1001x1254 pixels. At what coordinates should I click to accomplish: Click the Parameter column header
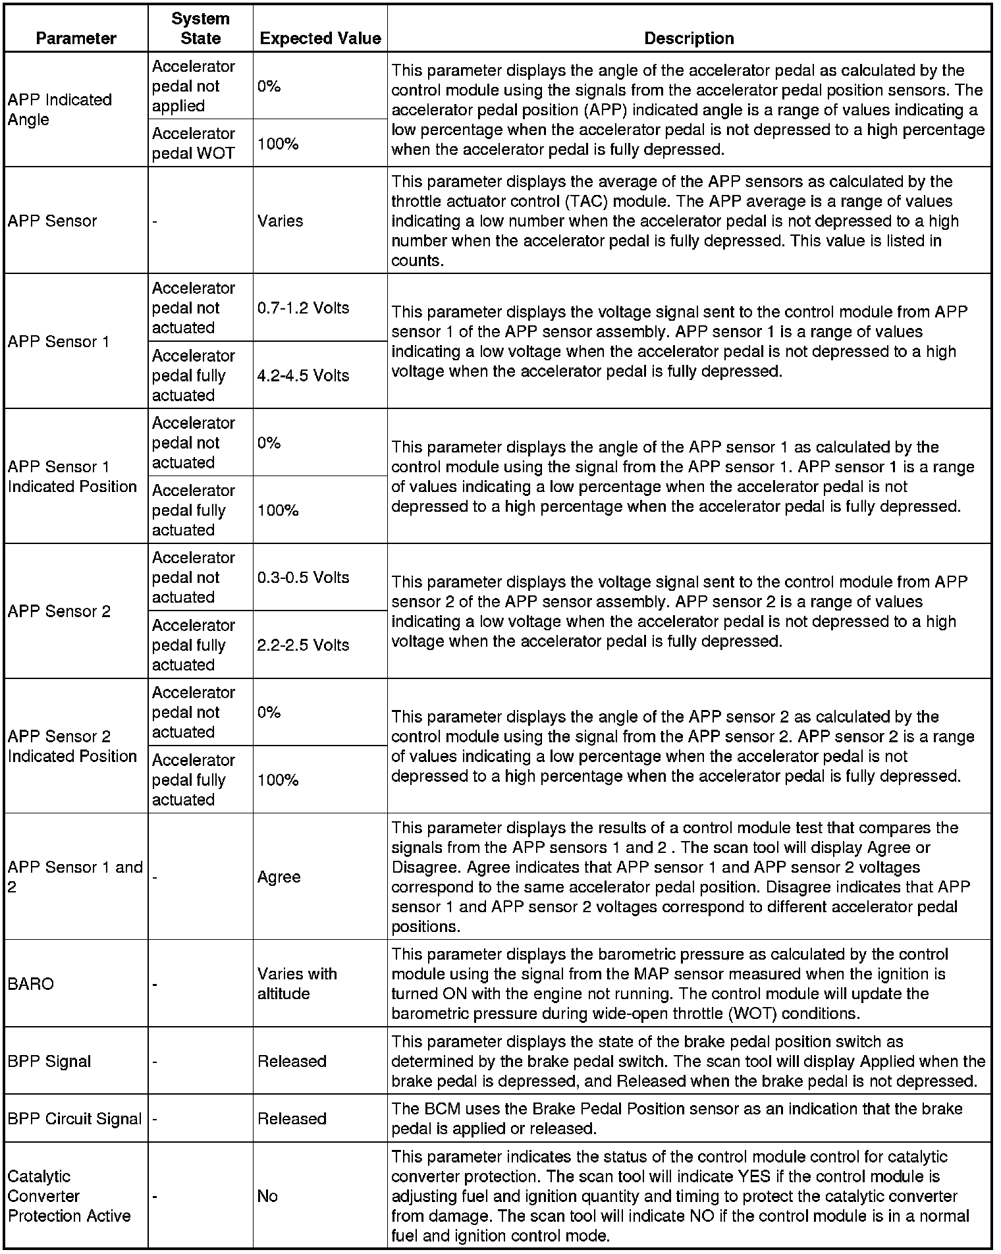pyautogui.click(x=76, y=38)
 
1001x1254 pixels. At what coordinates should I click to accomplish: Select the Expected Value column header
pyautogui.click(x=320, y=38)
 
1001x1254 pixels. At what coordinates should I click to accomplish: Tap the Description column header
pyautogui.click(x=689, y=38)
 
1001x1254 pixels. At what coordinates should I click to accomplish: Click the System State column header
pyautogui.click(x=200, y=28)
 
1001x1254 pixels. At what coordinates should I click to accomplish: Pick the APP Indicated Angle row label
pyautogui.click(x=60, y=109)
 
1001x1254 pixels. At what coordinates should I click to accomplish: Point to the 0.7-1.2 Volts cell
pyautogui.click(x=303, y=308)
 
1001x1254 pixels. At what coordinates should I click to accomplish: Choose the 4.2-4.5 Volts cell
pyautogui.click(x=303, y=375)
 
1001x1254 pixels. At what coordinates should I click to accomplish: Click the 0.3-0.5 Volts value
pyautogui.click(x=303, y=577)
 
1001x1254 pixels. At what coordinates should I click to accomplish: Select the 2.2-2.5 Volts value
pyautogui.click(x=303, y=645)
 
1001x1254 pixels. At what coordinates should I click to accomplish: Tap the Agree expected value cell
pyautogui.click(x=279, y=877)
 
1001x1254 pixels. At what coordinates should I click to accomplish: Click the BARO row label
pyautogui.click(x=30, y=983)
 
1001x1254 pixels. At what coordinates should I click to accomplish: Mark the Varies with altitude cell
pyautogui.click(x=297, y=983)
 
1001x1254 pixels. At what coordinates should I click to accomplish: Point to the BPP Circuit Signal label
pyautogui.click(x=74, y=1118)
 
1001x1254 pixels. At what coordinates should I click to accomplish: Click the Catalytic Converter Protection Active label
pyautogui.click(x=69, y=1196)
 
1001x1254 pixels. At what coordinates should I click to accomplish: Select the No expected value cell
pyautogui.click(x=267, y=1196)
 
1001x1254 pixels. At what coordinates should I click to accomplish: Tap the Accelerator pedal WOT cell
pyautogui.click(x=193, y=144)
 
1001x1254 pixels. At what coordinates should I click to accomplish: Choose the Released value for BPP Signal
pyautogui.click(x=292, y=1061)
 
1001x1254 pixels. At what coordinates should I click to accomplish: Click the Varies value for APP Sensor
pyautogui.click(x=280, y=221)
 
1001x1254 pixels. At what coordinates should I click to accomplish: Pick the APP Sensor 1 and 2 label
pyautogui.click(x=75, y=877)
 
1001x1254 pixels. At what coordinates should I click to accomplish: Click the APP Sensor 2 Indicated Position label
pyautogui.click(x=72, y=746)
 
